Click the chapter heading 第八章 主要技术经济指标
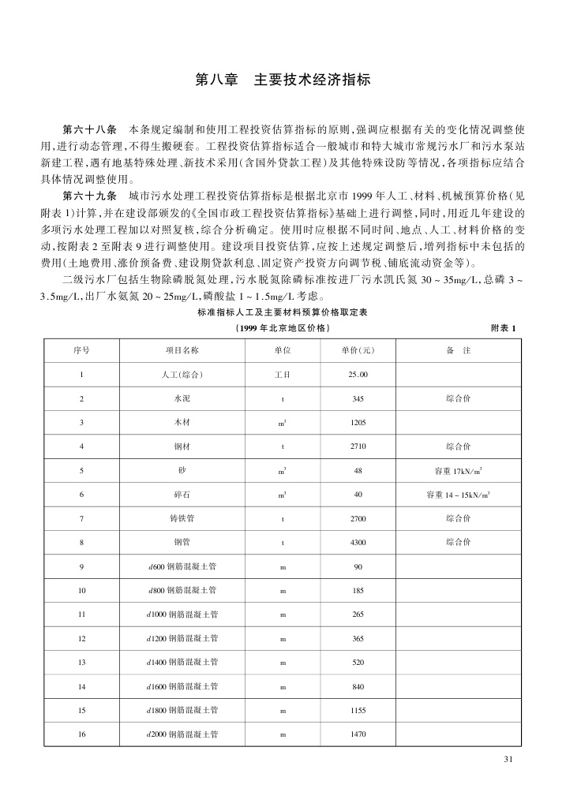(283, 80)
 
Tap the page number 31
(508, 759)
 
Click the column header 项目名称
(182, 350)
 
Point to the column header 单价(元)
(358, 350)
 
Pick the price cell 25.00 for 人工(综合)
(358, 374)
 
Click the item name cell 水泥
(182, 398)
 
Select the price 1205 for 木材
(358, 423)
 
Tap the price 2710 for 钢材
(358, 446)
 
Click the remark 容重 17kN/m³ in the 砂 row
(459, 471)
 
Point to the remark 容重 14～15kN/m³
(459, 495)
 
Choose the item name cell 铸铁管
(182, 518)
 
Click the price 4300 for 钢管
(358, 542)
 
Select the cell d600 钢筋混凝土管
(182, 566)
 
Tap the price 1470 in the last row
(358, 734)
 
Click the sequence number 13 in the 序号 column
(81, 662)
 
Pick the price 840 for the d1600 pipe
(358, 686)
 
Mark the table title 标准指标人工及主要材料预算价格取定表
(282, 312)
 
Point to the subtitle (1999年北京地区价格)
(282, 328)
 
